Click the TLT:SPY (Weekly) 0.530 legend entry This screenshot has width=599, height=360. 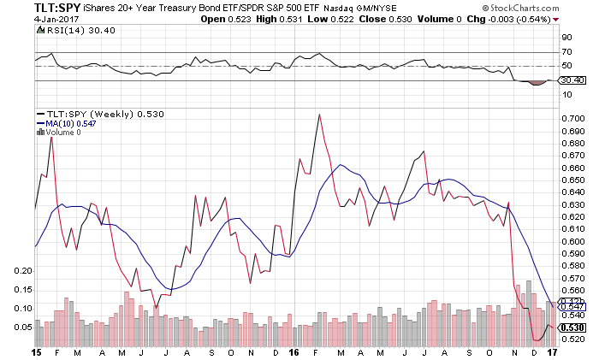tap(99, 113)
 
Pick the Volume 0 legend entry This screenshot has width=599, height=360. tap(62, 132)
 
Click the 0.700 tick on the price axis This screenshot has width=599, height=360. tap(572, 118)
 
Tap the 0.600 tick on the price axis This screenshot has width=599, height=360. tap(572, 241)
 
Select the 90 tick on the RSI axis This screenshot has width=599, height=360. tap(566, 38)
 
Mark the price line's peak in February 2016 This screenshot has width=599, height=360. tap(318, 114)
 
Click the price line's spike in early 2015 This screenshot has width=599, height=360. tap(51, 137)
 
